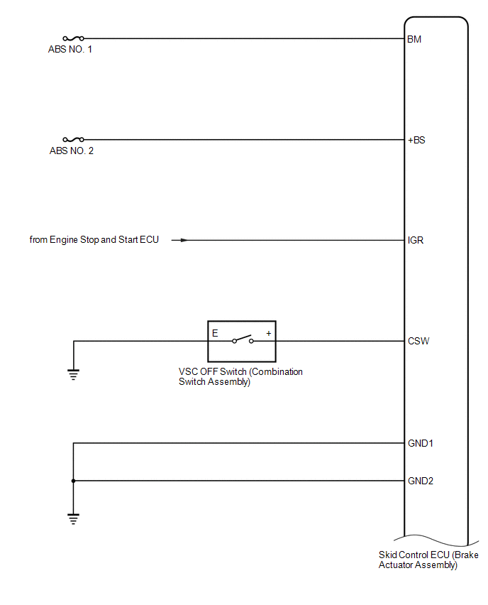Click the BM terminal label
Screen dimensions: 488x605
(414, 39)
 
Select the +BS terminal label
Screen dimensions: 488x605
(416, 140)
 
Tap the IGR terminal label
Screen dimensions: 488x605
(416, 241)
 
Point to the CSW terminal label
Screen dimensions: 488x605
(418, 341)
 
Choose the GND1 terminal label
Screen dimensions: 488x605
(420, 443)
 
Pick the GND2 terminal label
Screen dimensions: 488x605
(420, 481)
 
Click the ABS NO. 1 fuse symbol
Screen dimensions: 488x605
(73, 38)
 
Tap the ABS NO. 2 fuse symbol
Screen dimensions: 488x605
(73, 139)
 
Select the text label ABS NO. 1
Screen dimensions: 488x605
(70, 50)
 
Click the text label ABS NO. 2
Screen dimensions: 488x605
(72, 151)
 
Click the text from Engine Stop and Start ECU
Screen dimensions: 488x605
(94, 239)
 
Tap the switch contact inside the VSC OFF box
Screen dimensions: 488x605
(243, 339)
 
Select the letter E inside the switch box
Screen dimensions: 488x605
(215, 333)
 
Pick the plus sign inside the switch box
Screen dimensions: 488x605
(269, 333)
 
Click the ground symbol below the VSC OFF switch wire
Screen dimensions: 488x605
(73, 374)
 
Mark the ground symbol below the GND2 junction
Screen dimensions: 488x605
(73, 518)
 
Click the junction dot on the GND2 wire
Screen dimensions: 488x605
(73, 481)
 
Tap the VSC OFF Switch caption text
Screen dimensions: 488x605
(240, 376)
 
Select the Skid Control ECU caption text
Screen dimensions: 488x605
(428, 560)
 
